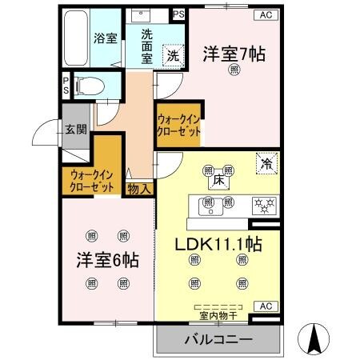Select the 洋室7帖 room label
point(234,54)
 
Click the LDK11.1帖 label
point(216,242)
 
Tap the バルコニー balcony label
point(218,339)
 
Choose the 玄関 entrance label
point(75,130)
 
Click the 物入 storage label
point(139,188)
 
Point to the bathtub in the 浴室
point(74,40)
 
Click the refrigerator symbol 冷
point(266,162)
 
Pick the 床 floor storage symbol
point(218,182)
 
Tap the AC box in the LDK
point(265,306)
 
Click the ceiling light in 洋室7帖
point(234,70)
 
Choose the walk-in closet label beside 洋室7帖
point(178,126)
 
